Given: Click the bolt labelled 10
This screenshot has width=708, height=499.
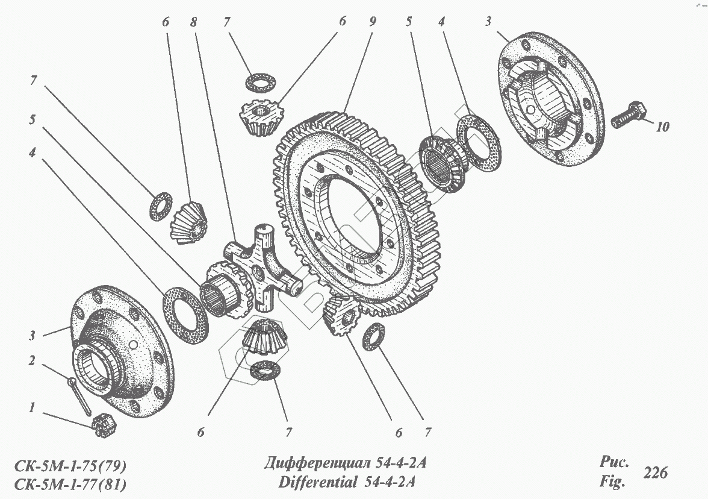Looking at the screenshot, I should [x=629, y=116].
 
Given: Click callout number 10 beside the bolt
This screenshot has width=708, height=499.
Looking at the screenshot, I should [x=662, y=127].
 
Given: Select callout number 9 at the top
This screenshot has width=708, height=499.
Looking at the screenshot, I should [x=372, y=22].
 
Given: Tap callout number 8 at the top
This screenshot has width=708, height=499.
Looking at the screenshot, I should [x=193, y=22].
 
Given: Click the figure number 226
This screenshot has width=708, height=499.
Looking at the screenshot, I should [x=655, y=472].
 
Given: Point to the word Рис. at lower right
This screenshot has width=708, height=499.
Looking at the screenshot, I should [x=613, y=463].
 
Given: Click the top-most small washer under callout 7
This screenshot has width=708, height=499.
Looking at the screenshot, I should [x=259, y=81].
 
